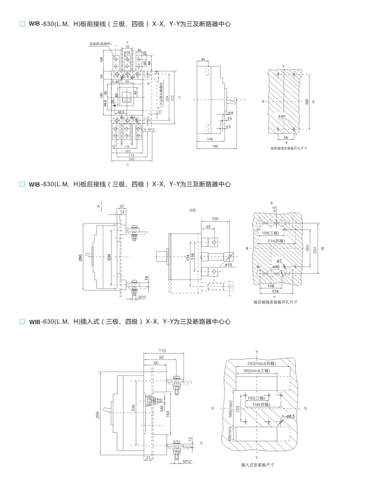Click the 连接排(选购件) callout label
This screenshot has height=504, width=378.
click(100, 44)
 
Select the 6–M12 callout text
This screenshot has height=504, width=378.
click(150, 130)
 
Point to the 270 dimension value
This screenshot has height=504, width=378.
click(173, 97)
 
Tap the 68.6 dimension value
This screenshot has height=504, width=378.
click(105, 103)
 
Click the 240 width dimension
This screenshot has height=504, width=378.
click(131, 159)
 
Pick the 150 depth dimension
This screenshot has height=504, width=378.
click(215, 147)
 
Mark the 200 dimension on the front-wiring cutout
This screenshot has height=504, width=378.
click(307, 102)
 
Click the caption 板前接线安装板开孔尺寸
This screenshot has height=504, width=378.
click(288, 148)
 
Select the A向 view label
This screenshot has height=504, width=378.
click(193, 210)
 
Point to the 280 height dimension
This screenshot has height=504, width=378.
click(81, 258)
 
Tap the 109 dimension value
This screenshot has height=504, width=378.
click(215, 219)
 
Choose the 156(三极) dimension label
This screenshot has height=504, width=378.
click(271, 233)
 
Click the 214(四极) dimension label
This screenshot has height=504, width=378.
click(276, 241)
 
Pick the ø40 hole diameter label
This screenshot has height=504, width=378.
click(276, 266)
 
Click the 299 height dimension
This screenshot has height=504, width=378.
click(97, 415)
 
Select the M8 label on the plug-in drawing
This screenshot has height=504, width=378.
click(162, 408)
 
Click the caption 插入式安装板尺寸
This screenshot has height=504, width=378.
click(257, 465)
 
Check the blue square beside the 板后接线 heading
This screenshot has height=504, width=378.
click(22, 184)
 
